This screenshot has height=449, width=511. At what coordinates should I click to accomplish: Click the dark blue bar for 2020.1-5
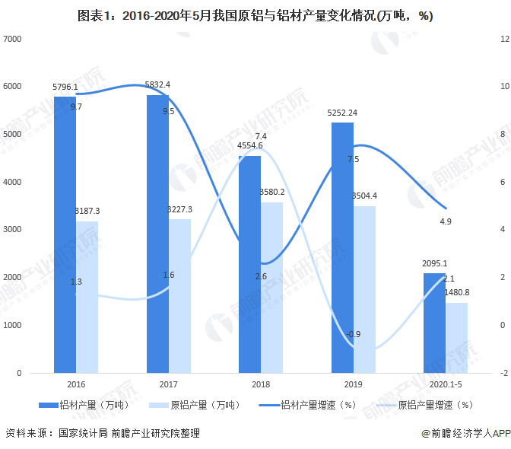click(435, 323)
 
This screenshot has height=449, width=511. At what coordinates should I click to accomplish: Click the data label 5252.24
click(342, 113)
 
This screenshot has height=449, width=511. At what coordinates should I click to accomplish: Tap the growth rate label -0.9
click(353, 334)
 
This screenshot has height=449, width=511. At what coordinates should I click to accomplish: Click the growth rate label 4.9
click(446, 221)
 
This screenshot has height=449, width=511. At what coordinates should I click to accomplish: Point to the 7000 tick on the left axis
click(13, 38)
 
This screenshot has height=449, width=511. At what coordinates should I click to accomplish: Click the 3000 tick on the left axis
click(13, 230)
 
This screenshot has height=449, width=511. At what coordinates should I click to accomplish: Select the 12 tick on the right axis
click(503, 38)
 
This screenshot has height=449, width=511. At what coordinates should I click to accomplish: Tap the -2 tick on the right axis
click(503, 373)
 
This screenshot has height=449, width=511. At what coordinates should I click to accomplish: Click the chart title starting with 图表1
click(255, 16)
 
